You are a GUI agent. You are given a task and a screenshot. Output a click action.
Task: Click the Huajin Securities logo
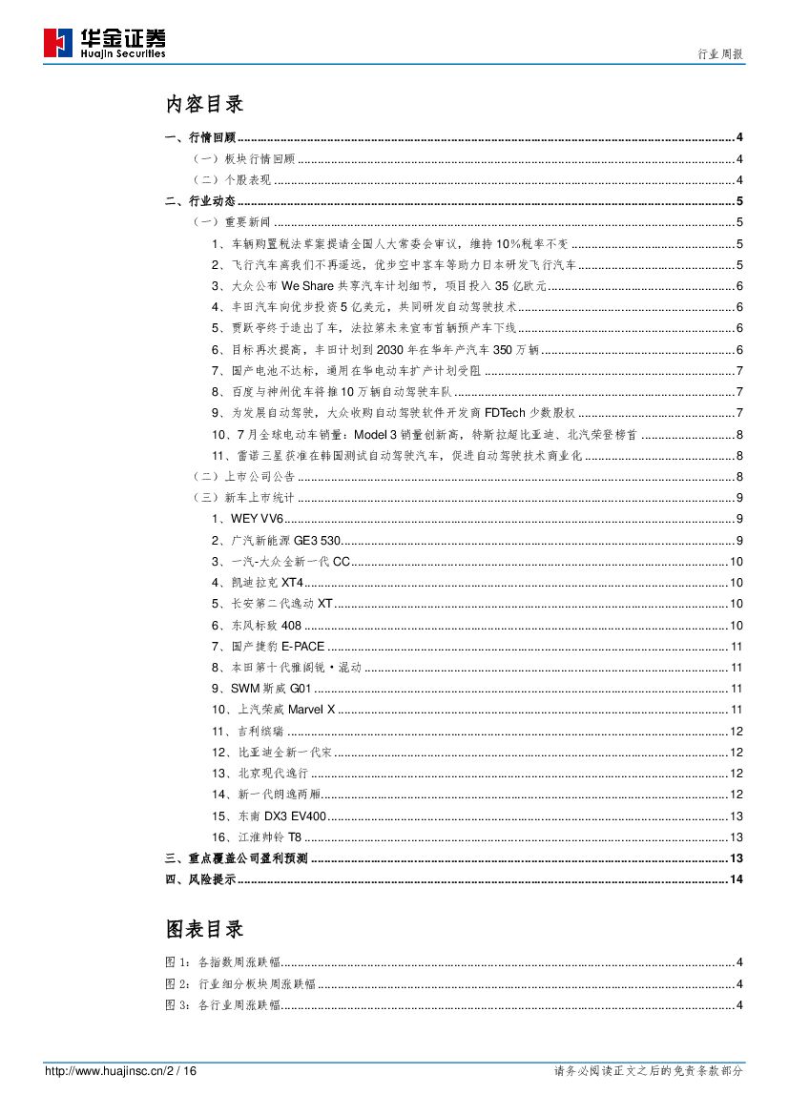[105, 43]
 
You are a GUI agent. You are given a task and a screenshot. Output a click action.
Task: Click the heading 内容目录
[204, 104]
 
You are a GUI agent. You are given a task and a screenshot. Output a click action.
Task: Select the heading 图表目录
[204, 928]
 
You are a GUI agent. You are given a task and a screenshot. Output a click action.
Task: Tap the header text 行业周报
[721, 55]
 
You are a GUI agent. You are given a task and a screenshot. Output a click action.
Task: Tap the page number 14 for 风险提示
[736, 878]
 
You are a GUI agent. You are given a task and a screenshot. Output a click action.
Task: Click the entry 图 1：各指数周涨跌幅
[222, 962]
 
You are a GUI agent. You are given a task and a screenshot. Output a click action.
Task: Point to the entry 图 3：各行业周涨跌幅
[222, 1004]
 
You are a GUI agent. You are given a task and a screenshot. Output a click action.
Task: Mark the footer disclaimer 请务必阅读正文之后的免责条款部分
[648, 1071]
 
